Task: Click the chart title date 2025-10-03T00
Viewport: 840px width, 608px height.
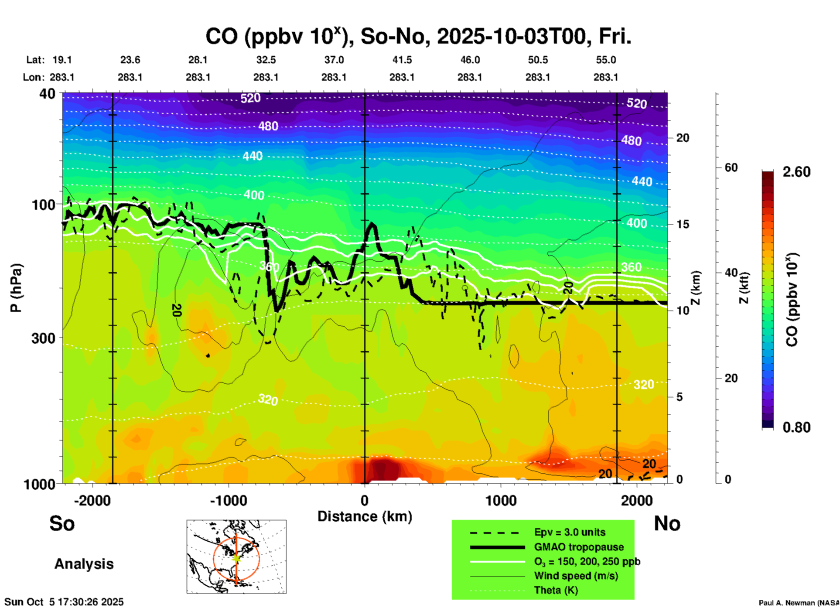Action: click(513, 37)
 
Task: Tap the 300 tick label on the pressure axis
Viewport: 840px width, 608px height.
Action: click(43, 338)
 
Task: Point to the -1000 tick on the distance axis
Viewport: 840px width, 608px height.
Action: click(228, 501)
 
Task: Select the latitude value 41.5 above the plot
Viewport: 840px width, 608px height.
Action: click(402, 60)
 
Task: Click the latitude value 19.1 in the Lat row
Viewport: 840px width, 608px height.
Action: click(62, 60)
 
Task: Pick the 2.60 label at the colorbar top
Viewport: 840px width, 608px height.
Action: click(796, 172)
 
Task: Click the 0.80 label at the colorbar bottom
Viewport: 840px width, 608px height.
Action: click(796, 427)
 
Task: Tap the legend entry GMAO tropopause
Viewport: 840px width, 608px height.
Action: click(579, 547)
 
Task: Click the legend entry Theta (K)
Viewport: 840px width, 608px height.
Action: click(556, 590)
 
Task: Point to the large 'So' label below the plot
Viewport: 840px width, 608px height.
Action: click(62, 523)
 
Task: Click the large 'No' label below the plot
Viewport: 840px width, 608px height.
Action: click(667, 523)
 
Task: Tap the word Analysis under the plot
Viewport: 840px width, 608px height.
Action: click(84, 564)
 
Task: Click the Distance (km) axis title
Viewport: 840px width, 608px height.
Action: click(365, 516)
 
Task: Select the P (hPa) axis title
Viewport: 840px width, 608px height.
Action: click(16, 288)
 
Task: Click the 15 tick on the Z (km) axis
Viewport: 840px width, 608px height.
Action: click(683, 224)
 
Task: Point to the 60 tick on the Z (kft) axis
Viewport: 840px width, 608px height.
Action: click(731, 167)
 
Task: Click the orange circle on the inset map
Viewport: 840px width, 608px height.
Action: click(214, 558)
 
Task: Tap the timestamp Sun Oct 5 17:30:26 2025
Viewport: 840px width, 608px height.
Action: click(64, 602)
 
